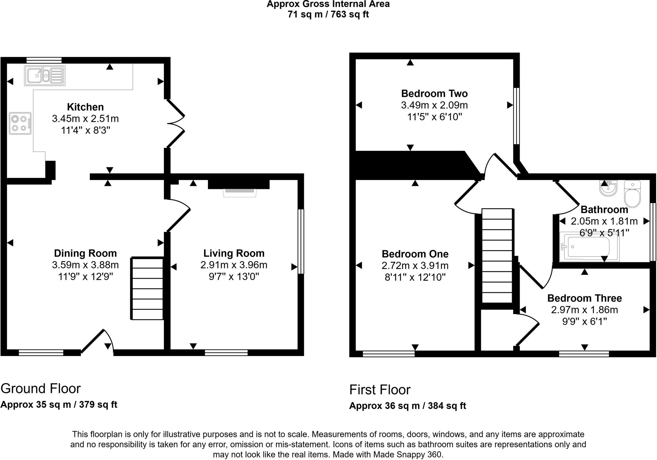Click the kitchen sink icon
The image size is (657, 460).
[x=45, y=76]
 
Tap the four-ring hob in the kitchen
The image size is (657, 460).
[x=20, y=124]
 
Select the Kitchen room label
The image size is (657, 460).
[x=85, y=107]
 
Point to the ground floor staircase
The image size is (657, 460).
[x=148, y=289]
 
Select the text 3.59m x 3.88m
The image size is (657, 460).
[x=85, y=265]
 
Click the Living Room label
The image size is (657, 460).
[x=234, y=253]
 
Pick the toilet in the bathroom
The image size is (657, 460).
[x=632, y=194]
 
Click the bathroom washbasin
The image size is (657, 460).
[x=608, y=188]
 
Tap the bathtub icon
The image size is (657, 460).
[x=589, y=247]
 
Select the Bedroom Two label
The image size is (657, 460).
[x=434, y=94]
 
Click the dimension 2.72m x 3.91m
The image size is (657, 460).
[x=415, y=266]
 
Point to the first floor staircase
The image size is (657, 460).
[x=497, y=256]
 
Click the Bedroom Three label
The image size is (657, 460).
[x=584, y=298]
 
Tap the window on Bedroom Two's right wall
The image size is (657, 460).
[x=516, y=116]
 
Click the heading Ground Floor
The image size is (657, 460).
[x=40, y=388]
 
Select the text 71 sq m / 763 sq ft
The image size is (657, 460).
[x=328, y=14]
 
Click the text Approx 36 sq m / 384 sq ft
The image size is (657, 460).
[x=407, y=406]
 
